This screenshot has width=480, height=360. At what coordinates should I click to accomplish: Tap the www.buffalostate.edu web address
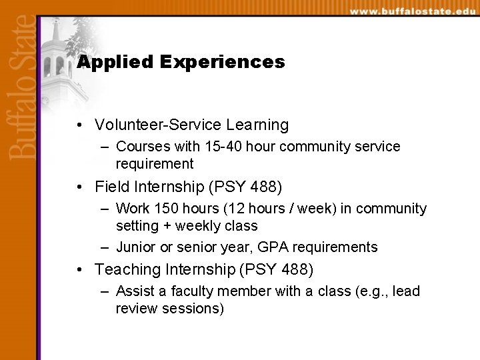point(413,11)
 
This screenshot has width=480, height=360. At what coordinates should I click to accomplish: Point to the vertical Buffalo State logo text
point(21,87)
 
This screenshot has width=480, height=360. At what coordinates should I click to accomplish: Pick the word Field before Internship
point(111,187)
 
